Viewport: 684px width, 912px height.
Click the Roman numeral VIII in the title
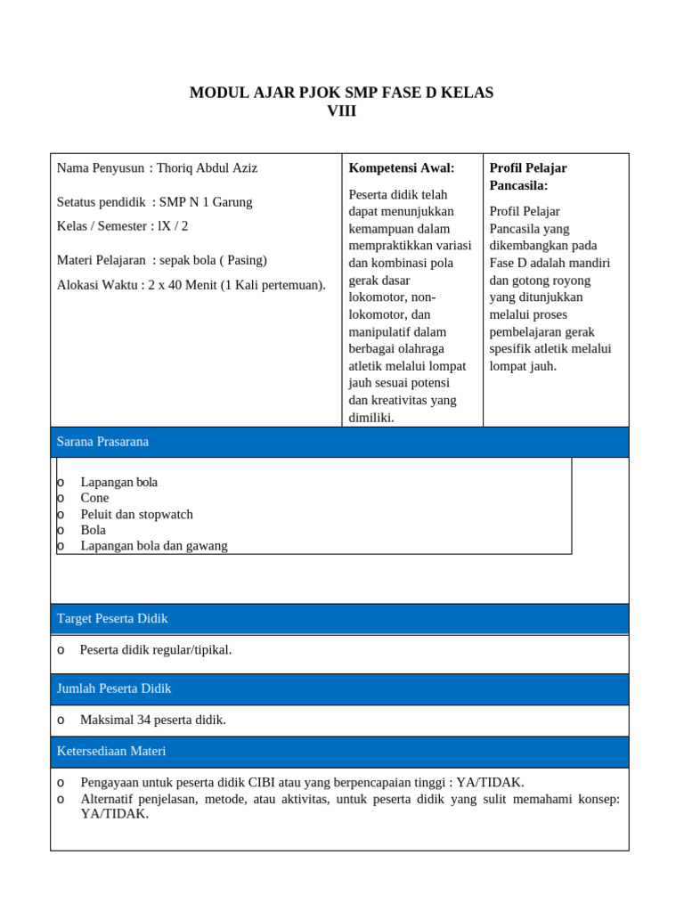click(x=341, y=111)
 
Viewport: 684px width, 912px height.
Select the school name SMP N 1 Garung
click(x=206, y=202)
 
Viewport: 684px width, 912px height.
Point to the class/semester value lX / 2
click(x=173, y=226)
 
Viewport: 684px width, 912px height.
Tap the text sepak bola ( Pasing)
click(x=213, y=260)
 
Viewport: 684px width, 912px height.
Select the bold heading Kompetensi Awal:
click(x=402, y=167)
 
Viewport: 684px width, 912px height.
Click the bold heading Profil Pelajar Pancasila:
click(x=528, y=176)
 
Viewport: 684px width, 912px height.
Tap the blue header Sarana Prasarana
click(x=102, y=442)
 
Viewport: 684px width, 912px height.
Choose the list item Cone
click(x=95, y=498)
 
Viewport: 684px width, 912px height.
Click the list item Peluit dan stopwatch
click(x=136, y=514)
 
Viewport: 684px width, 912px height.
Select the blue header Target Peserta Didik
click(x=112, y=618)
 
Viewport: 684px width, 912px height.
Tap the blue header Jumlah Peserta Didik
click(x=114, y=688)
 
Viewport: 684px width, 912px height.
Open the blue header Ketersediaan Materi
click(x=111, y=752)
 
